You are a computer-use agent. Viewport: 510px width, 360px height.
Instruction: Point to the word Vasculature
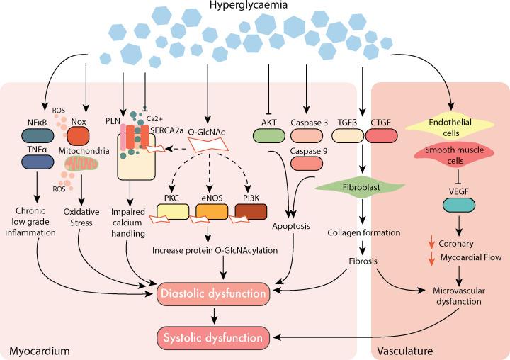406,350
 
